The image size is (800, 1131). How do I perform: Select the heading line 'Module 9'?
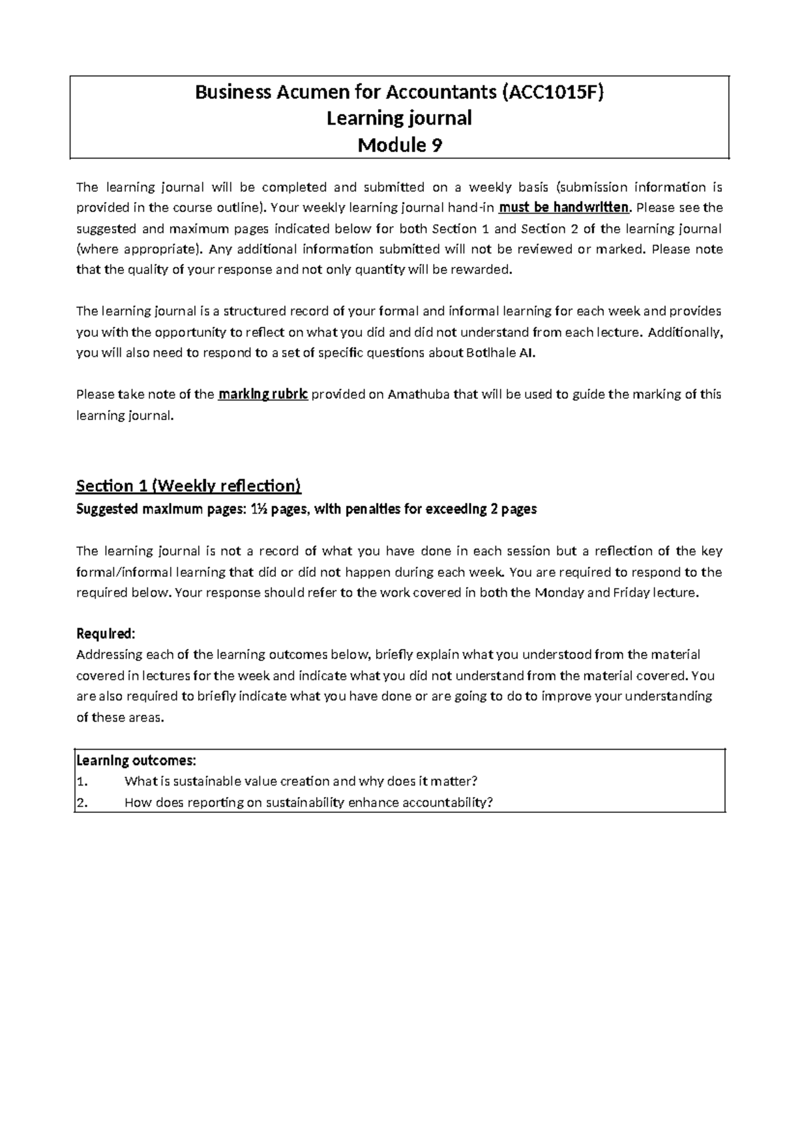point(399,145)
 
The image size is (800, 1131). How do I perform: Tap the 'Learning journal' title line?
point(399,119)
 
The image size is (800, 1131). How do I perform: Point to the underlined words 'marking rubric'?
point(263,394)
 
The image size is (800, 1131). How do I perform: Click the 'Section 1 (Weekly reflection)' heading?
point(189,485)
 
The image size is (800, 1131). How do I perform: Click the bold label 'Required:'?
point(105,633)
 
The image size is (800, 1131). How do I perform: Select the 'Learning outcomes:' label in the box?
point(136,760)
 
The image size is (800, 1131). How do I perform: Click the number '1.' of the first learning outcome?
point(81,782)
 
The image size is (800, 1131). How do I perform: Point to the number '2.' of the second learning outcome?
point(81,802)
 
